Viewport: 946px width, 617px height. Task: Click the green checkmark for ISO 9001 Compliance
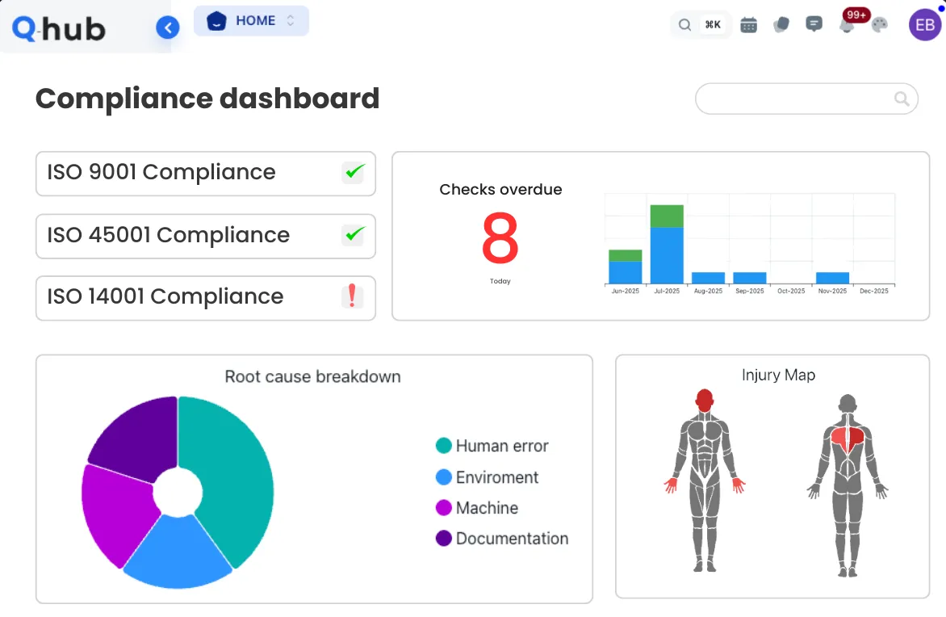tap(353, 172)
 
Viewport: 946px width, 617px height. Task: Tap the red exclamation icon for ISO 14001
tap(353, 296)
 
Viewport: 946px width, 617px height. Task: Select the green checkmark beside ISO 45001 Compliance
tap(353, 235)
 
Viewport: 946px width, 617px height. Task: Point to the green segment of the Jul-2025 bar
tap(667, 216)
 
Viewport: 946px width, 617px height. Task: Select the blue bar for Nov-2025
tap(832, 278)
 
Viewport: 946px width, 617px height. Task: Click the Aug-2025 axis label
tap(709, 291)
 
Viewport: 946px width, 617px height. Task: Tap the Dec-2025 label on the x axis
tap(874, 291)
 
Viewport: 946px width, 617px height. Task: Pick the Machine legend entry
tap(477, 508)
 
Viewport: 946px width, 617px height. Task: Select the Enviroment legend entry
tap(487, 477)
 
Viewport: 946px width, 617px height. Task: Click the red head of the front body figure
tap(705, 401)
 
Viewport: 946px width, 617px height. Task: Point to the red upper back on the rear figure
tap(848, 439)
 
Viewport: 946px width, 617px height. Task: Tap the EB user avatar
tap(925, 25)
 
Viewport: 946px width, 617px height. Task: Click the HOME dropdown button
tap(251, 21)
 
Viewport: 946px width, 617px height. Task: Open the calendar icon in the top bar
tap(749, 25)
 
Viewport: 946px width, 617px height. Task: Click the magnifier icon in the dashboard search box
tap(902, 99)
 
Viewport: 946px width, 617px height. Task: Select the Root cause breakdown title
tap(312, 376)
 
